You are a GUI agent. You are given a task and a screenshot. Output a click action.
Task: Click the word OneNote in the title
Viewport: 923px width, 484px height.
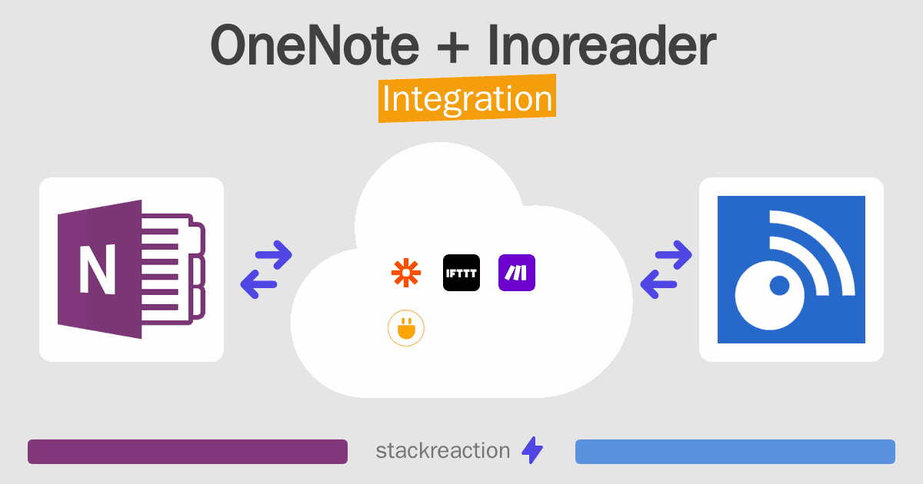point(315,45)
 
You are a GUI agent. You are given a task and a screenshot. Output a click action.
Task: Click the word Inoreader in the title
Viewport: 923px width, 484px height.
point(602,45)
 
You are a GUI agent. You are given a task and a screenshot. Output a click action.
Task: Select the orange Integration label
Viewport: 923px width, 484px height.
point(468,98)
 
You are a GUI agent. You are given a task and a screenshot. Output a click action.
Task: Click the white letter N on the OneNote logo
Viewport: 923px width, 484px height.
point(97,270)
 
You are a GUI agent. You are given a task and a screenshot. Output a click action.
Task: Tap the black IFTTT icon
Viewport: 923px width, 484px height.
point(461,273)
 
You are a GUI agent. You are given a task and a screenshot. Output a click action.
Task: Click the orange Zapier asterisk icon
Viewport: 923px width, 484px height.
point(406,273)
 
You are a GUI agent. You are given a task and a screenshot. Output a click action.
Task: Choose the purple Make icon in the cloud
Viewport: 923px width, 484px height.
point(517,273)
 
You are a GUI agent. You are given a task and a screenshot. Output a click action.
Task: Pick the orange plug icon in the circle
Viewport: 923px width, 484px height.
point(406,328)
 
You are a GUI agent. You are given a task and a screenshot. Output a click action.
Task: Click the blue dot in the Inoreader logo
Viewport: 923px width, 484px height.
point(779,286)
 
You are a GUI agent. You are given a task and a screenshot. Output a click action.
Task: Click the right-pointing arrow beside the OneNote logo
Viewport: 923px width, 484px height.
point(274,255)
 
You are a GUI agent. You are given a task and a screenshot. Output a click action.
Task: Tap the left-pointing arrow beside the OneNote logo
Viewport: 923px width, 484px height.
point(258,284)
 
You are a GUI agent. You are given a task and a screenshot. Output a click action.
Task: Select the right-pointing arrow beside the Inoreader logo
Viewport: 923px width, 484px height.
point(673,255)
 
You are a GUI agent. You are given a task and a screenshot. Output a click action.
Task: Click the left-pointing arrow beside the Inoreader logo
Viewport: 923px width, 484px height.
point(658,284)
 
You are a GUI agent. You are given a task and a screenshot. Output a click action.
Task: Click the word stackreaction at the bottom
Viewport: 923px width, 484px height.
point(443,451)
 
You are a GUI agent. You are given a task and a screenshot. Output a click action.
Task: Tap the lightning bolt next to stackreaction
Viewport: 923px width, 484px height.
point(532,450)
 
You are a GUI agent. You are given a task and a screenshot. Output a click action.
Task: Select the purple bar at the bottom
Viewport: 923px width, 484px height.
point(188,452)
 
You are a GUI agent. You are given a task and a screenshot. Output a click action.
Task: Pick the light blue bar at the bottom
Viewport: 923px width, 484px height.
point(735,452)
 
